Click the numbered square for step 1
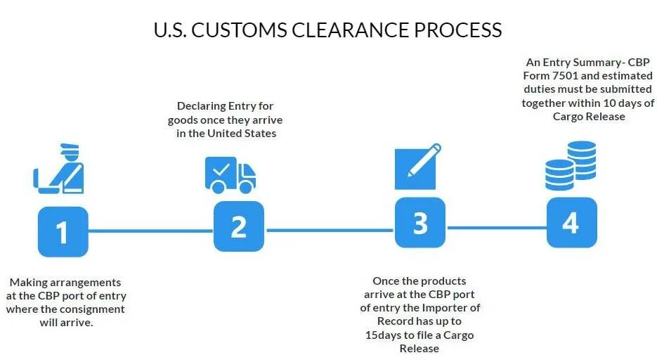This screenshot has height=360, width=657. coord(63,231)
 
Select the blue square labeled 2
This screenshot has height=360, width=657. coord(239,226)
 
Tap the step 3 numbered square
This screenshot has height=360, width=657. coord(420,223)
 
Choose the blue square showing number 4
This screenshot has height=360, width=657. coord(571,222)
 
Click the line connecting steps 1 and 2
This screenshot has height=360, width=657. coord(150,231)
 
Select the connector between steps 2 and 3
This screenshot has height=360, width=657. coord(330,230)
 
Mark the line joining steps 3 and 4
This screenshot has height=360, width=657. coord(496,227)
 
